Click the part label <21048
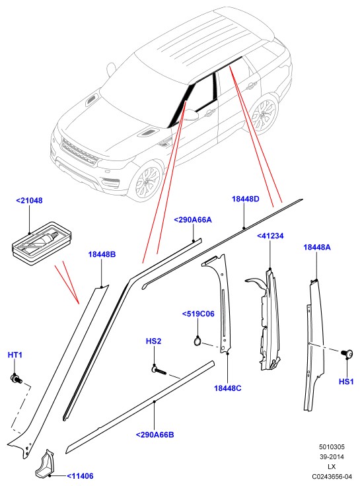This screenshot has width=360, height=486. pyautogui.click(x=29, y=201)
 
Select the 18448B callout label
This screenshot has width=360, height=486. pyautogui.click(x=102, y=254)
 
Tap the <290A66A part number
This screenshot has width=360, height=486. pyautogui.click(x=193, y=220)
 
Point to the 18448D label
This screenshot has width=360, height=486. pyautogui.click(x=245, y=199)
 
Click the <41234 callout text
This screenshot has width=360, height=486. pyautogui.click(x=270, y=236)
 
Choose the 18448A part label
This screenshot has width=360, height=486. pyautogui.click(x=317, y=247)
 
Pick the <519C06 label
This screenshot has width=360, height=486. pyautogui.click(x=198, y=314)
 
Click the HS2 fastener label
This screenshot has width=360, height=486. pyautogui.click(x=153, y=341)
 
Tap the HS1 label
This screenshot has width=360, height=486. pyautogui.click(x=346, y=382)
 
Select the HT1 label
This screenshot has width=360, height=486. pyautogui.click(x=15, y=355)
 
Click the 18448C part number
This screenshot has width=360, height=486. pyautogui.click(x=228, y=388)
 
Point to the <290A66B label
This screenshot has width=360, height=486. pyautogui.click(x=155, y=435)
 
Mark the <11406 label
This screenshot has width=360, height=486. pyautogui.click(x=80, y=476)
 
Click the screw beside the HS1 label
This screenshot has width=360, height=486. pyautogui.click(x=347, y=353)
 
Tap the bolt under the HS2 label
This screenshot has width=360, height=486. pyautogui.click(x=159, y=370)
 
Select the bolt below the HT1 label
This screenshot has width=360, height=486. pyautogui.click(x=16, y=378)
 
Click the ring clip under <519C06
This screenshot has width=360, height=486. pyautogui.click(x=198, y=341)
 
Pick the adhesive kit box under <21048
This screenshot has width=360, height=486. pyautogui.click(x=42, y=243)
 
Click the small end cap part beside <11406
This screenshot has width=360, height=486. pyautogui.click(x=46, y=463)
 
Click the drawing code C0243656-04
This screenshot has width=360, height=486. pyautogui.click(x=332, y=476)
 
